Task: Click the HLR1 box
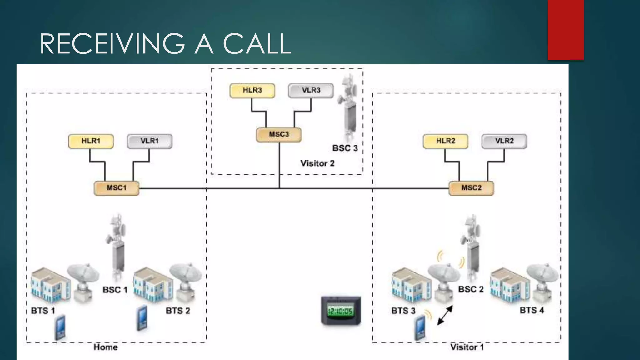tap(91, 141)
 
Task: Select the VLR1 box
tap(150, 141)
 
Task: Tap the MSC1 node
tap(117, 188)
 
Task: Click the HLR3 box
tap(252, 91)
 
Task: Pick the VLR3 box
tap(311, 91)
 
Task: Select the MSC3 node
tap(279, 135)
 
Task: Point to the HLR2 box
tap(446, 141)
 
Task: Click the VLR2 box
tap(504, 141)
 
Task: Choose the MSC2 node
tap(471, 188)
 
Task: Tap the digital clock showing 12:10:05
tap(341, 311)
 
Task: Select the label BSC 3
tap(345, 148)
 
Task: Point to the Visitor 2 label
tap(317, 163)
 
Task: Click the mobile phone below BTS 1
tap(60, 327)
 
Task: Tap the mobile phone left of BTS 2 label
tap(142, 318)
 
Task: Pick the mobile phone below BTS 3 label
tap(420, 327)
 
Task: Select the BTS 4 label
tap(532, 310)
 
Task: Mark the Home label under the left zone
tap(106, 347)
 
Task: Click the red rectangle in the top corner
tap(566, 30)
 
